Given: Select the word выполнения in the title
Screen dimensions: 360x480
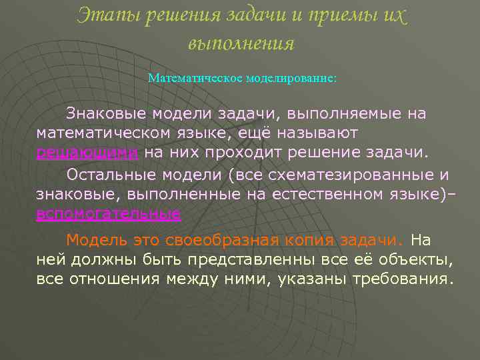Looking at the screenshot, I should click(241, 43).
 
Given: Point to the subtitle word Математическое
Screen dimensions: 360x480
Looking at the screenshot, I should click(195, 78).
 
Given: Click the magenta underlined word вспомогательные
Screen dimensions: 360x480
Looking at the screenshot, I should click(108, 213).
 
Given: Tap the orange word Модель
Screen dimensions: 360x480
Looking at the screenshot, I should click(94, 239).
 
